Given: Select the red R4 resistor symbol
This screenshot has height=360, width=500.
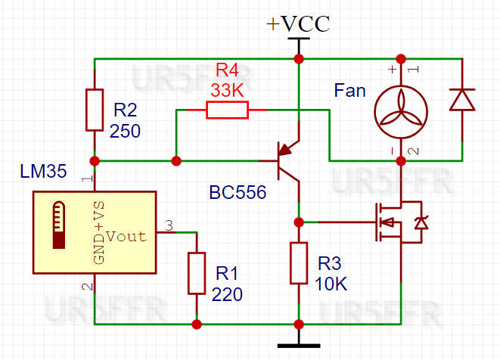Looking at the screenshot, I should point(227,110).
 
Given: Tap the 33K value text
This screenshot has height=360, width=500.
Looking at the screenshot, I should point(227,89).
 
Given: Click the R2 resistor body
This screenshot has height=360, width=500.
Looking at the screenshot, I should point(95,110).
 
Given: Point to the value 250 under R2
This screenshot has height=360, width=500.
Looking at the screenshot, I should point(125,131).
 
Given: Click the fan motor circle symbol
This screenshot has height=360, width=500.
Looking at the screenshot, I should point(399,110).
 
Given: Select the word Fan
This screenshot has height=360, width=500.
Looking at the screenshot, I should point(349,92).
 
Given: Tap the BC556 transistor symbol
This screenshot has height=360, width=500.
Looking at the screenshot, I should point(287,160).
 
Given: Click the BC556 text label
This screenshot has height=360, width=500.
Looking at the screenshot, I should point(238,193).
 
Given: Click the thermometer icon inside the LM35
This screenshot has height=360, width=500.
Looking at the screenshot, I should point(59,225).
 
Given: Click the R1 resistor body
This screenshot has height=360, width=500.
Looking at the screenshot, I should point(197,274).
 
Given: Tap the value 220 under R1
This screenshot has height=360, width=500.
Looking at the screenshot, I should point(228,295).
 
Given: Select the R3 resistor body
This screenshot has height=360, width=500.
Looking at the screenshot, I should point(299,263).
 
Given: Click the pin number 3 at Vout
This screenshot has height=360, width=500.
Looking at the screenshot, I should point(169,225).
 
